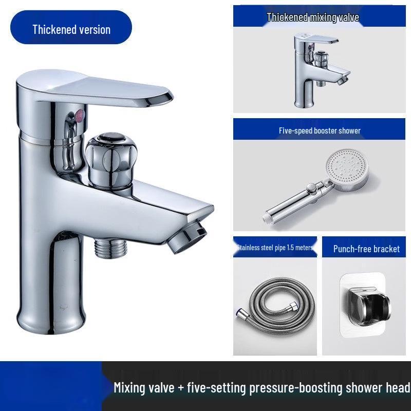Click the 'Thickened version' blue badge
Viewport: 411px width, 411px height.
pos(71,29)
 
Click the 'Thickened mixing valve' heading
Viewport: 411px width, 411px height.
pos(312,17)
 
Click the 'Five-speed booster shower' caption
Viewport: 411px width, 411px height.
pos(320,130)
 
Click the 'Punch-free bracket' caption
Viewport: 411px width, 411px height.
pos(366,249)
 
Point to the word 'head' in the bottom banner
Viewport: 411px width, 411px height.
pos(397,387)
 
